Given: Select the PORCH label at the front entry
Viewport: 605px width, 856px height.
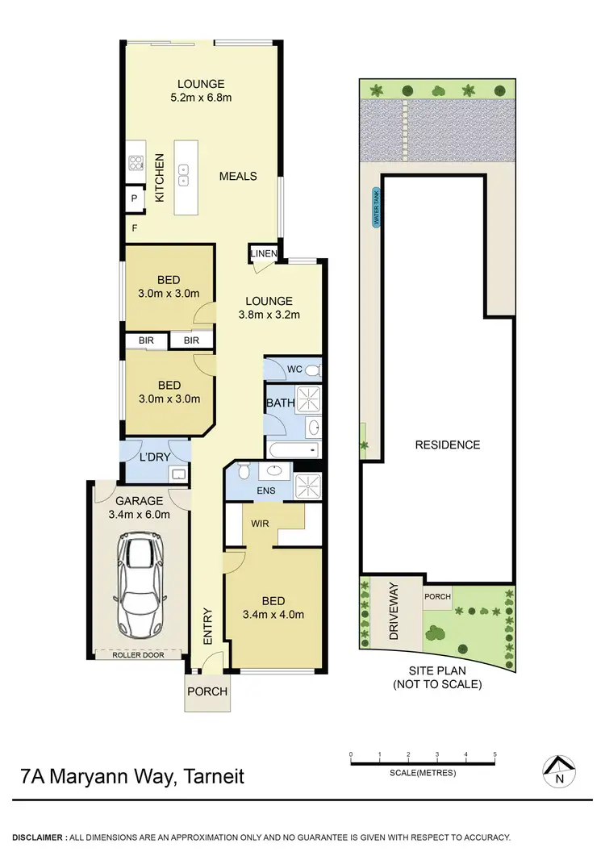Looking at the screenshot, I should coord(207,691).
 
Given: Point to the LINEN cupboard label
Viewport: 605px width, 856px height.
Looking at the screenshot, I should coord(264,254).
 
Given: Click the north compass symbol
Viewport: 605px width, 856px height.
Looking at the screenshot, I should coord(560,771).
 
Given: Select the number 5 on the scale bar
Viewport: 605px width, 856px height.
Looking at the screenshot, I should coord(494,755).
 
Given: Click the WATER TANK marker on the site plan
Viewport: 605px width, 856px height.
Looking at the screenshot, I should coord(374,208).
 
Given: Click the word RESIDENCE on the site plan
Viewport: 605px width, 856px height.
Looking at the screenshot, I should coord(448,445).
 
